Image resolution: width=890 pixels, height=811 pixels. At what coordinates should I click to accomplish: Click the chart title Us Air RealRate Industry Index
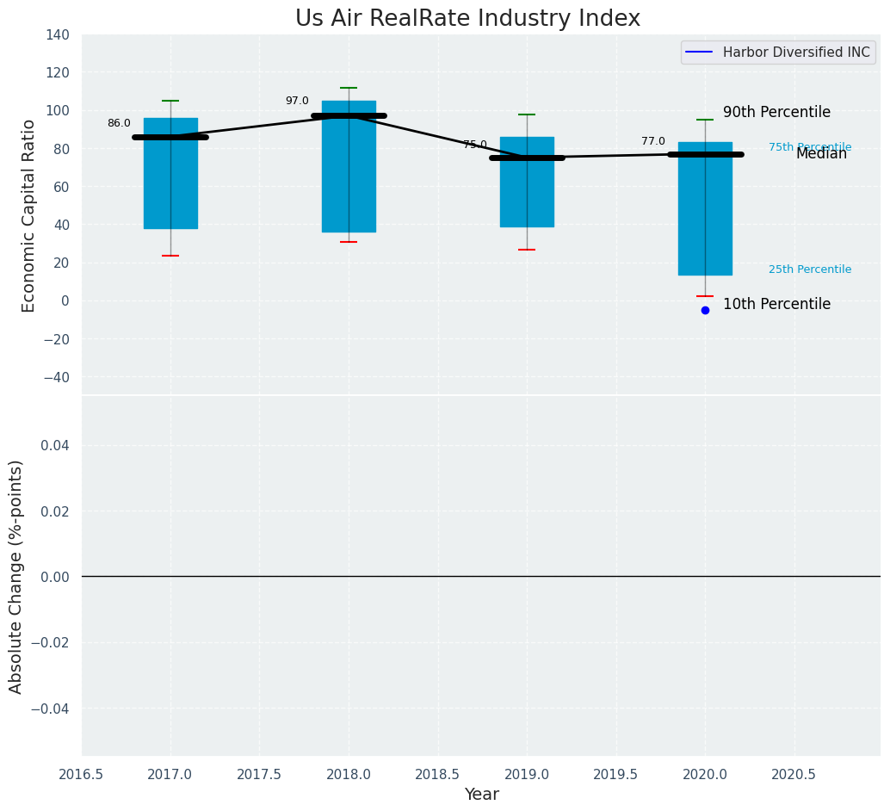(467, 19)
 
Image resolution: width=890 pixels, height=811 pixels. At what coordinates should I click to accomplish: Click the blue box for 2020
(705, 224)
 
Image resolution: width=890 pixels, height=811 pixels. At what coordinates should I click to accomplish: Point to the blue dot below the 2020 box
(705, 310)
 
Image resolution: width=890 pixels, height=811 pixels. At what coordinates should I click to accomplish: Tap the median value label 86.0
(119, 124)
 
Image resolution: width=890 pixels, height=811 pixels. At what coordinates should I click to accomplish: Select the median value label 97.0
(297, 102)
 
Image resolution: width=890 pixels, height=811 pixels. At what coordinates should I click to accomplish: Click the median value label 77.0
(653, 142)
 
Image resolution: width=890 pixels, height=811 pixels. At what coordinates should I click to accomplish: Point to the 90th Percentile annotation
(776, 113)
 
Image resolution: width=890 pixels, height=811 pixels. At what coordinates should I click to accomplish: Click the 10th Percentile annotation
(776, 305)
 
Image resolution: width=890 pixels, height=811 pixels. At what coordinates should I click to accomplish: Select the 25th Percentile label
(809, 270)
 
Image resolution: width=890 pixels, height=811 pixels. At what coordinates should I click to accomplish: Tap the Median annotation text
(821, 154)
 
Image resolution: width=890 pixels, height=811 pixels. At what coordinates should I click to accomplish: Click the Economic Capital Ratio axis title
(29, 215)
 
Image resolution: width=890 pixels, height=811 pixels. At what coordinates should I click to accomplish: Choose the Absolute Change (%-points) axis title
(16, 576)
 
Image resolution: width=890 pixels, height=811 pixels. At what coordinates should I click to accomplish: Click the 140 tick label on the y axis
(58, 35)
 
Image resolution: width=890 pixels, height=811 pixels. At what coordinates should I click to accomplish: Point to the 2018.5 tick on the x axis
(437, 775)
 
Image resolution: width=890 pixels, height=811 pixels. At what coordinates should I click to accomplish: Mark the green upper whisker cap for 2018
(349, 88)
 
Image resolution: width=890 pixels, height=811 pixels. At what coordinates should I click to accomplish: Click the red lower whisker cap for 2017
(170, 256)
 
